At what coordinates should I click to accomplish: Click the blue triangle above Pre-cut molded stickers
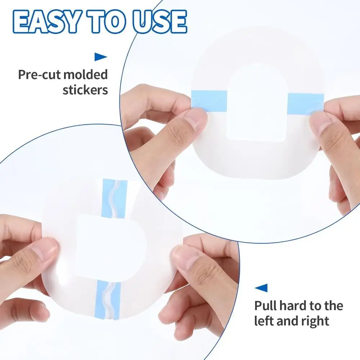(x=101, y=57)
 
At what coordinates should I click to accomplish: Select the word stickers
(x=85, y=90)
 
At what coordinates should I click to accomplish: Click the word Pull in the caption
(x=267, y=306)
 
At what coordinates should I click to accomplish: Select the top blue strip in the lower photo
(x=114, y=198)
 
